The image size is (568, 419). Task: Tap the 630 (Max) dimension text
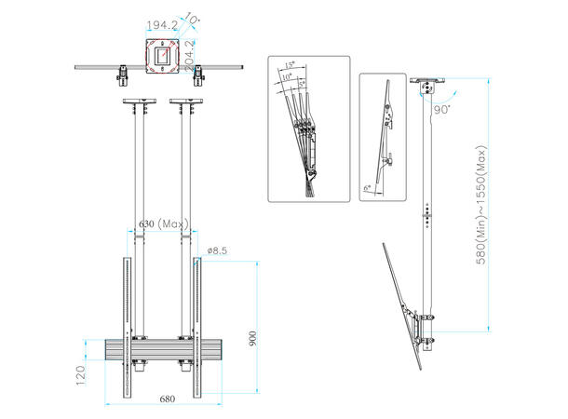click(x=164, y=224)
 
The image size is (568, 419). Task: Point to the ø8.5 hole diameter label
click(x=218, y=250)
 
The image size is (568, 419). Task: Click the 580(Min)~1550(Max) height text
click(x=481, y=205)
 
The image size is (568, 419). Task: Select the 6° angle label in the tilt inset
click(x=369, y=187)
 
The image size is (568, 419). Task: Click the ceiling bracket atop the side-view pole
click(x=427, y=89)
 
